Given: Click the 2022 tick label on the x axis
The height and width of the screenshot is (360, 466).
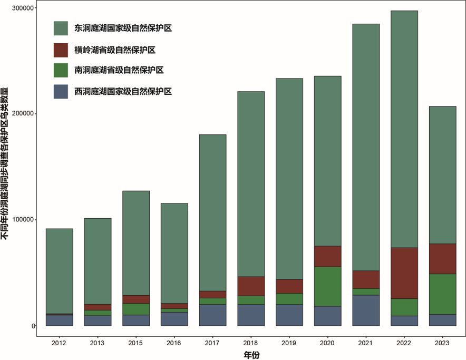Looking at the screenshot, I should pyautogui.click(x=404, y=343).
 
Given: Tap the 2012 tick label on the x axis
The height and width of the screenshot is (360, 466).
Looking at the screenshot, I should pyautogui.click(x=60, y=343).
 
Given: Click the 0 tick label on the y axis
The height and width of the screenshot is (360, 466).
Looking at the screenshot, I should pyautogui.click(x=33, y=326).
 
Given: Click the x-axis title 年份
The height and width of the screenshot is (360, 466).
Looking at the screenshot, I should pyautogui.click(x=251, y=355).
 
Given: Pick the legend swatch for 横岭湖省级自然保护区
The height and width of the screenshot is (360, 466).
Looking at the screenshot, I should pyautogui.click(x=61, y=50).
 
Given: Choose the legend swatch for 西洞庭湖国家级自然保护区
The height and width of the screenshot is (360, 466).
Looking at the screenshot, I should pyautogui.click(x=61, y=91).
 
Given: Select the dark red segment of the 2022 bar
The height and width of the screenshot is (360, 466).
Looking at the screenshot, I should pyautogui.click(x=404, y=273).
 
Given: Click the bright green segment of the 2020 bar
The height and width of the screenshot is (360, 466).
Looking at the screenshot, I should pyautogui.click(x=328, y=286).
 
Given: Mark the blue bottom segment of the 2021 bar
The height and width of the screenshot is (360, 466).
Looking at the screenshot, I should pyautogui.click(x=366, y=310).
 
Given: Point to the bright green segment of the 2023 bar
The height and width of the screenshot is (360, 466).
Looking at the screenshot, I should pyautogui.click(x=443, y=294).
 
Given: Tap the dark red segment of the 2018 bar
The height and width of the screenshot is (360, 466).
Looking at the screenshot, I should pyautogui.click(x=251, y=286).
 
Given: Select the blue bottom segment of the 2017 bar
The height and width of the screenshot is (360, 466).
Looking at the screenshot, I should pyautogui.click(x=213, y=315).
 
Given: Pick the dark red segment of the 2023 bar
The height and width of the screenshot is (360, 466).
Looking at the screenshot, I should pyautogui.click(x=443, y=259).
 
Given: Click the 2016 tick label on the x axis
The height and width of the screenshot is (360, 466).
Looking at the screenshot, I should pyautogui.click(x=174, y=343).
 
